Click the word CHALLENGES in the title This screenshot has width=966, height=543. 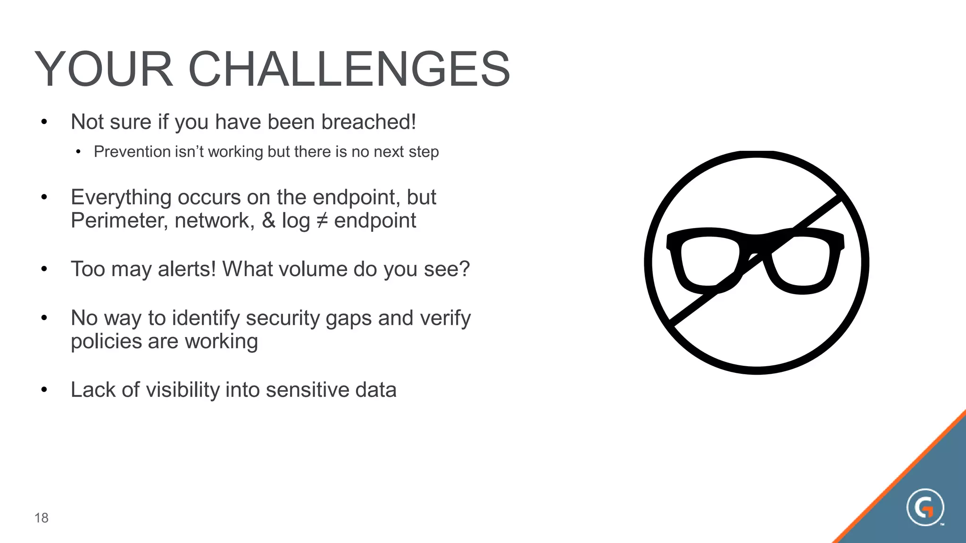click(349, 69)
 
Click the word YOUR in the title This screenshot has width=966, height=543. click(104, 69)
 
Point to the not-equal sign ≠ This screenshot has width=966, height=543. click(322, 221)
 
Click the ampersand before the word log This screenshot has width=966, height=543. click(268, 221)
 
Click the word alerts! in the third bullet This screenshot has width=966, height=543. click(187, 269)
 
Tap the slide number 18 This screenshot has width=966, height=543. click(42, 518)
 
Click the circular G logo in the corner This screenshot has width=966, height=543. click(925, 508)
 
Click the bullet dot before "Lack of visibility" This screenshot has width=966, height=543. click(44, 390)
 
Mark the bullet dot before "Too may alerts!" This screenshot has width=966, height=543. click(44, 269)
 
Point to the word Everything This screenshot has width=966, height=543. click(121, 197)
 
